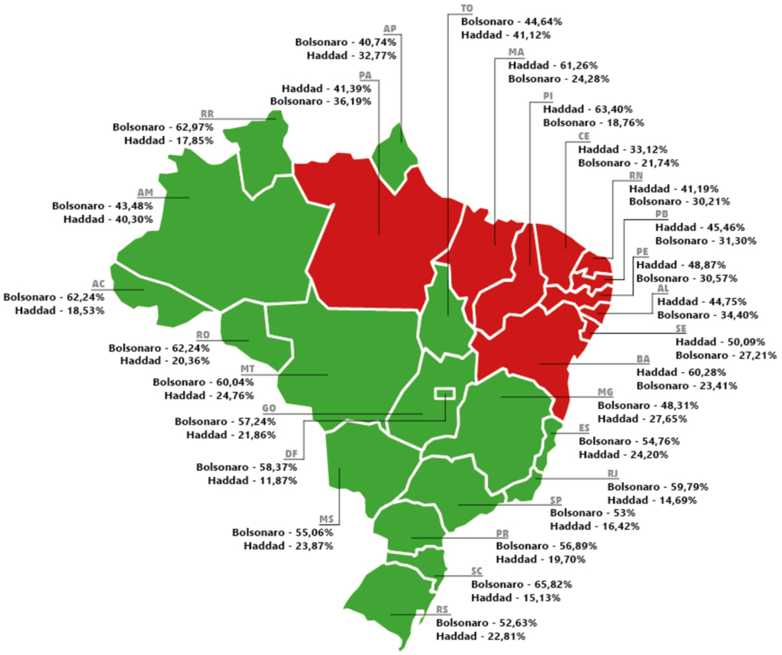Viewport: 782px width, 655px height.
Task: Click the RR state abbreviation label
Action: [x=206, y=113]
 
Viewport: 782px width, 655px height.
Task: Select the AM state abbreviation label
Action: [x=145, y=192]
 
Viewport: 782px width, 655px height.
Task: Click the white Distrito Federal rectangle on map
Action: [x=444, y=394]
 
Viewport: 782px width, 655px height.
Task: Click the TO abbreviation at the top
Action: [x=467, y=8]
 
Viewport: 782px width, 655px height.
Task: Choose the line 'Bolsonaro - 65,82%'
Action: [x=521, y=584]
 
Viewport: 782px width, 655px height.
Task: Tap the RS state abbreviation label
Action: [x=442, y=609]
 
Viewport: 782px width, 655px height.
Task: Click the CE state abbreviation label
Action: [x=584, y=136]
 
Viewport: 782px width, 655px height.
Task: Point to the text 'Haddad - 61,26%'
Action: [x=553, y=66]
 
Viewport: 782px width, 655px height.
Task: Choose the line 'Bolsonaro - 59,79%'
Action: [x=658, y=486]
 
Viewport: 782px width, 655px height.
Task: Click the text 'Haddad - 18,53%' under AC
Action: [x=53, y=310]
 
